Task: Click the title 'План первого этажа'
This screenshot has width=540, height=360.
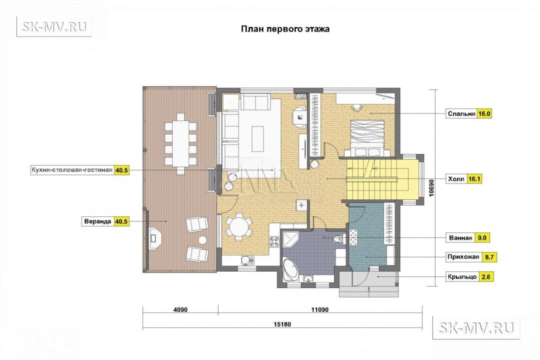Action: (x=285, y=29)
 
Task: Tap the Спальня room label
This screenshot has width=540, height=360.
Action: (x=461, y=113)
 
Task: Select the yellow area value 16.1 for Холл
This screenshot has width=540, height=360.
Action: (x=474, y=179)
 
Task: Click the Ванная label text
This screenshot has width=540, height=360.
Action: (x=460, y=237)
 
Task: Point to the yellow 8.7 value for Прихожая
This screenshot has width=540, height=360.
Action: (x=488, y=257)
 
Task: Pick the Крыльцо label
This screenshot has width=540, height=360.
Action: (x=462, y=276)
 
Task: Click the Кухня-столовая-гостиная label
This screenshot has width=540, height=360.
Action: (x=71, y=170)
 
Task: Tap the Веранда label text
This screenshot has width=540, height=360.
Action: (x=97, y=221)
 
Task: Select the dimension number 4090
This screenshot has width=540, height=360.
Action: (x=180, y=309)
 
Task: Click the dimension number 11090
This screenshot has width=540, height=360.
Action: (x=319, y=309)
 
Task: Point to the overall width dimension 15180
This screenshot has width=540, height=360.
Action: (x=282, y=324)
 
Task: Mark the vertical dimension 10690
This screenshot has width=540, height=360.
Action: (x=432, y=187)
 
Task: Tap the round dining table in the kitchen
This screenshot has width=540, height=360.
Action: (x=238, y=227)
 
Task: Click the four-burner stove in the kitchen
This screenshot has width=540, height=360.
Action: (x=274, y=240)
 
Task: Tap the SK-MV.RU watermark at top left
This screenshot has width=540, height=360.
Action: (x=54, y=26)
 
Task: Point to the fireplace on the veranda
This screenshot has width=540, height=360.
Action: (x=154, y=237)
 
